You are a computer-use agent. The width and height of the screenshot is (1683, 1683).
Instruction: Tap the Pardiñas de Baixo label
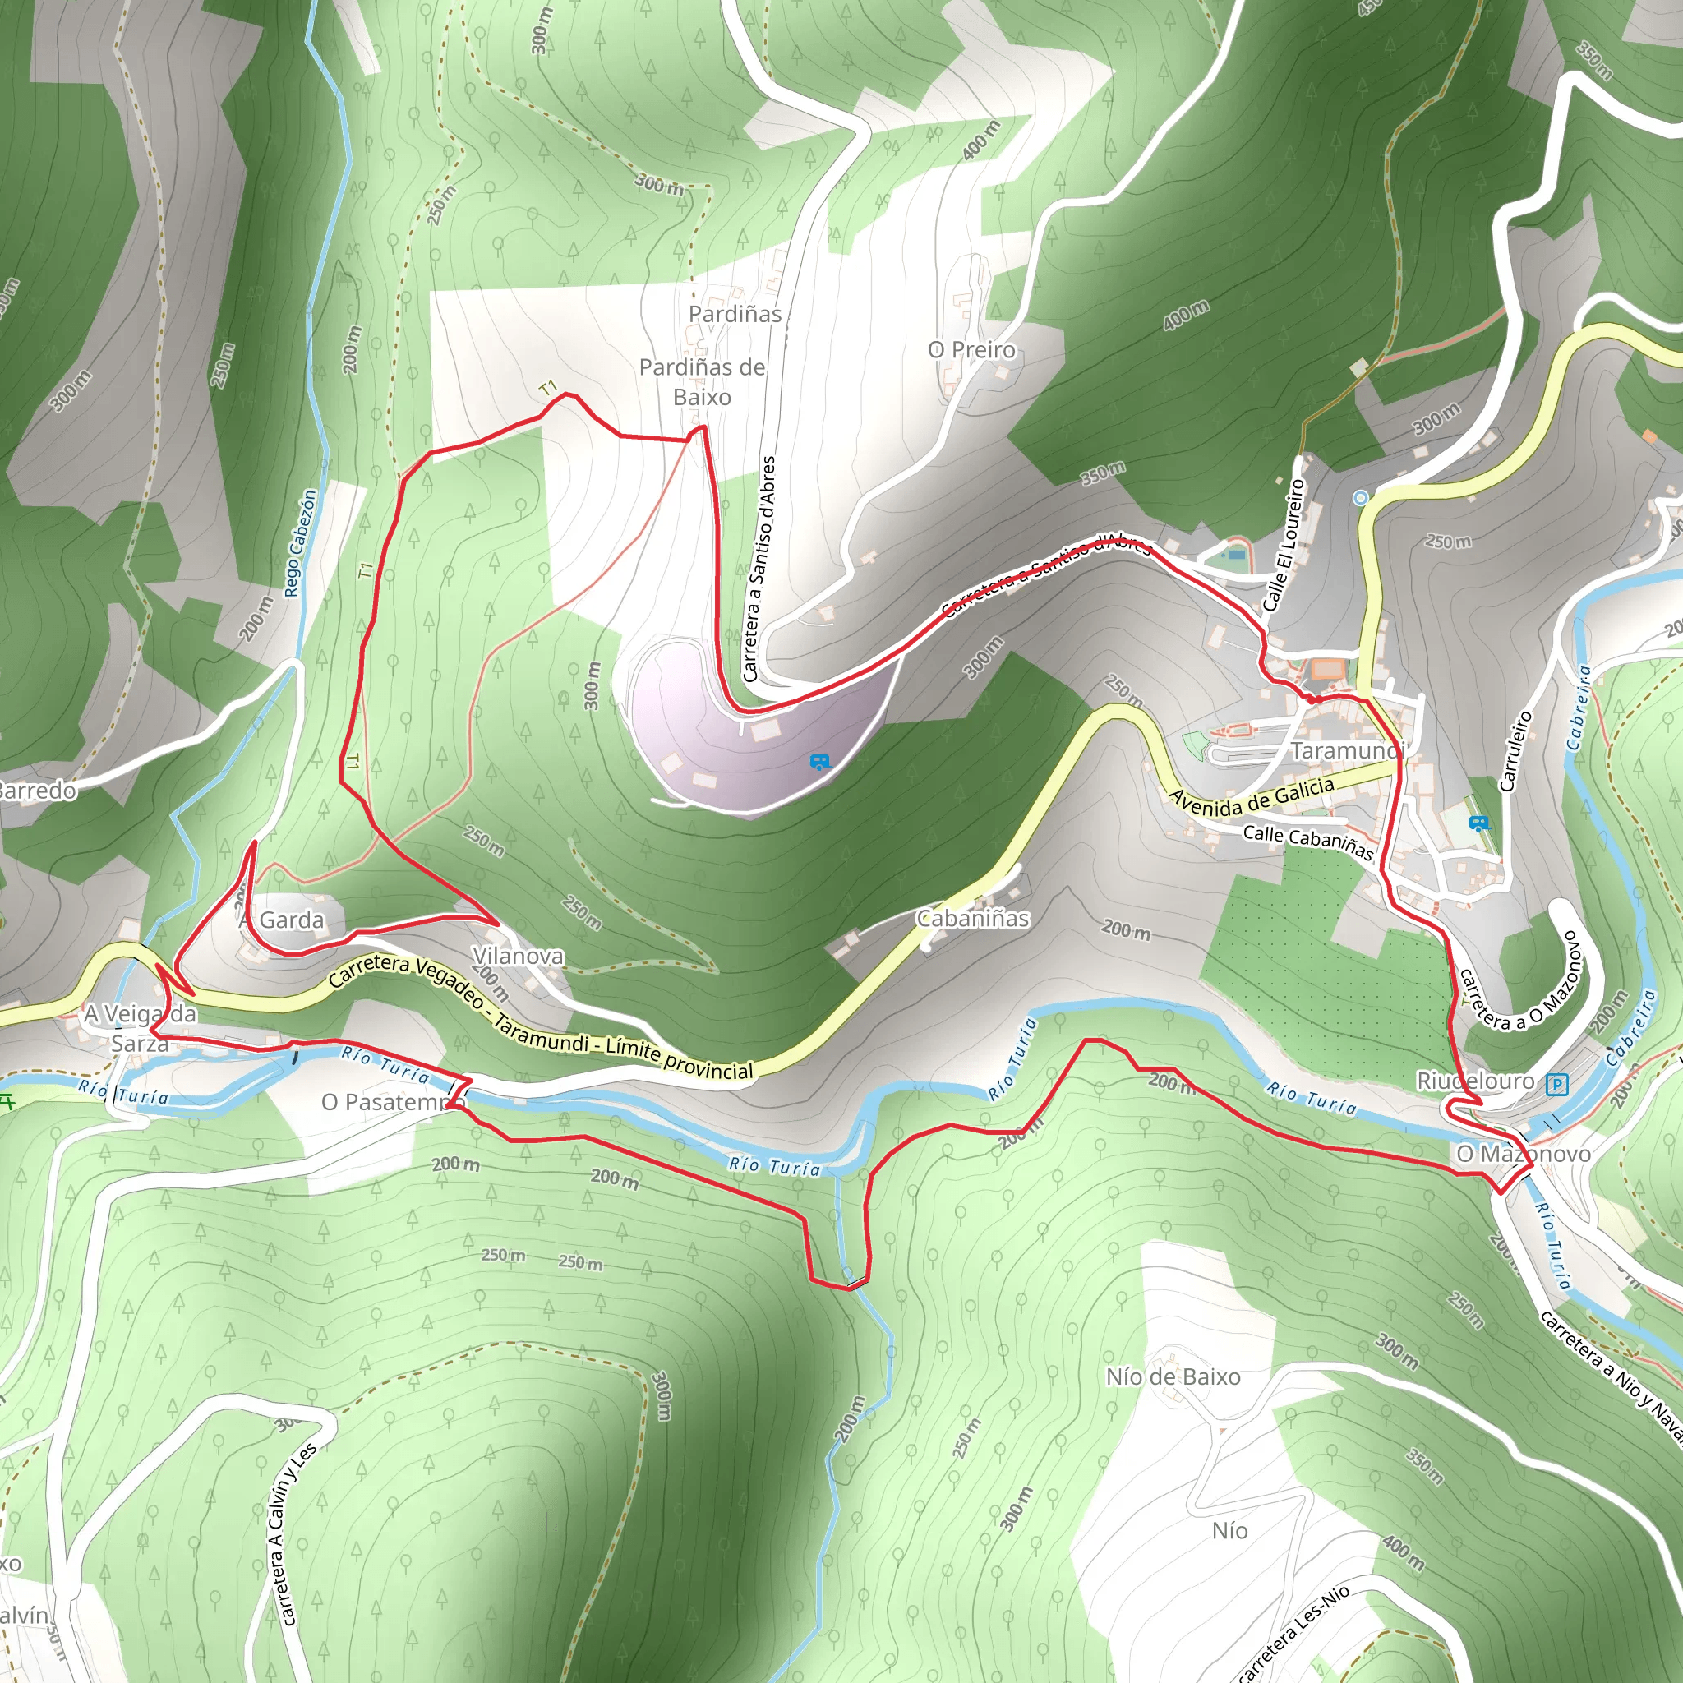coord(702,381)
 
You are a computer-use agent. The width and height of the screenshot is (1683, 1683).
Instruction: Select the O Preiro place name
coord(972,349)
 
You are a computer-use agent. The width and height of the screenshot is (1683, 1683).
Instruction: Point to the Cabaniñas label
coord(972,918)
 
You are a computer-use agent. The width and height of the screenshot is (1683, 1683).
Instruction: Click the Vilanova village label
coord(518,956)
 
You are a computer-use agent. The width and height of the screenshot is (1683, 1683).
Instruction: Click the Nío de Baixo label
coord(1173,1376)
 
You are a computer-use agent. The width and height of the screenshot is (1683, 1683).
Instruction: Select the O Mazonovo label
coord(1524,1153)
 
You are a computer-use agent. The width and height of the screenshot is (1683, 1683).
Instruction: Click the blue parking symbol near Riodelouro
coord(1556,1085)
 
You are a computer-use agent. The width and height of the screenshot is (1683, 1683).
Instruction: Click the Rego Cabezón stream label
coord(301,542)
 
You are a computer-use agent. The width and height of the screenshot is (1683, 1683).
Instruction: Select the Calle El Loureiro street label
coord(1284,545)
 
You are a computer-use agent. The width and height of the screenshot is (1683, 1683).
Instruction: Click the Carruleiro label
coord(1515,751)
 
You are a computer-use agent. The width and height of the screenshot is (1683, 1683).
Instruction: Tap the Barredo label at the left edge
coord(37,790)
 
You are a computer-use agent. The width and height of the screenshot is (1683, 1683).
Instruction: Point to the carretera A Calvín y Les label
coord(293,1534)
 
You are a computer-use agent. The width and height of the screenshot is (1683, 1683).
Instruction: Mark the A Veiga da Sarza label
coord(140,1028)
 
